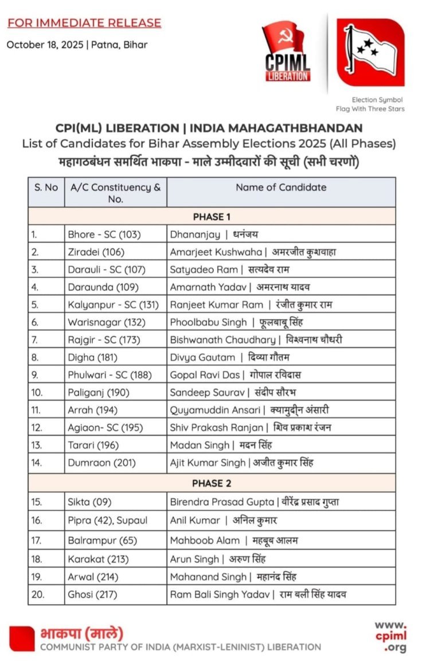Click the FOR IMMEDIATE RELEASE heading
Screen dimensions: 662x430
click(x=84, y=23)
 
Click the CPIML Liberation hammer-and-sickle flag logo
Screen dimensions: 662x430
click(x=287, y=52)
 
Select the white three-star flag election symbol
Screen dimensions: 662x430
click(x=370, y=52)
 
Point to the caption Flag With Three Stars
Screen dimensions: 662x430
click(x=370, y=109)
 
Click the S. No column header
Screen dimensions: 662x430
click(x=46, y=187)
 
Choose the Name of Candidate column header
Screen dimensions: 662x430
click(x=281, y=187)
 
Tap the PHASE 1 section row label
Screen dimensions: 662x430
click(x=212, y=217)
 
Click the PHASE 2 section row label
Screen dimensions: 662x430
click(x=212, y=483)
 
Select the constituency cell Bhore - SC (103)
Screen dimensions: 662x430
click(x=104, y=234)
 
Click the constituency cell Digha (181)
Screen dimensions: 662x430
click(x=92, y=357)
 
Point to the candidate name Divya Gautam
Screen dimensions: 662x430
click(x=202, y=357)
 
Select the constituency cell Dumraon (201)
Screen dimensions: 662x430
click(x=100, y=462)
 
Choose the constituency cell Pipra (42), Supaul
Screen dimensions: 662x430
click(x=108, y=521)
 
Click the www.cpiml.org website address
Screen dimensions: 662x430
click(x=390, y=636)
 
